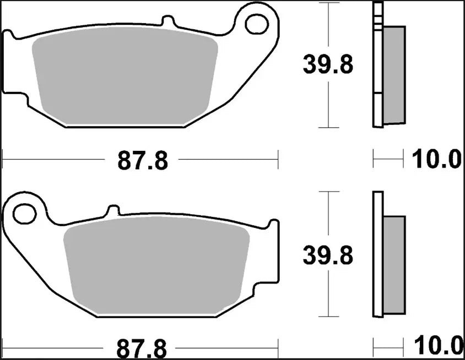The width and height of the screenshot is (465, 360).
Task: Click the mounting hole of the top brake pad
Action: coord(256,24)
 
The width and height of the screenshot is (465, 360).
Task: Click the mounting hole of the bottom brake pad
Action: coord(24,214)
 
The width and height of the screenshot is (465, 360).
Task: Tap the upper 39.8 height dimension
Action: coord(327,66)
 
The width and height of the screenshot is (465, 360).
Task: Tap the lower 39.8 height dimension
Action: coord(327,255)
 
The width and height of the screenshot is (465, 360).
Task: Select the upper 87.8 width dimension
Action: coord(142,161)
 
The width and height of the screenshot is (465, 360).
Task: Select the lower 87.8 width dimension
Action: coord(142,348)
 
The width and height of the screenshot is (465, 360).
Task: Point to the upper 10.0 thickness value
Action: coord(436,160)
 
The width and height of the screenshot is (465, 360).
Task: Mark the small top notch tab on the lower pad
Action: coord(112,210)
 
